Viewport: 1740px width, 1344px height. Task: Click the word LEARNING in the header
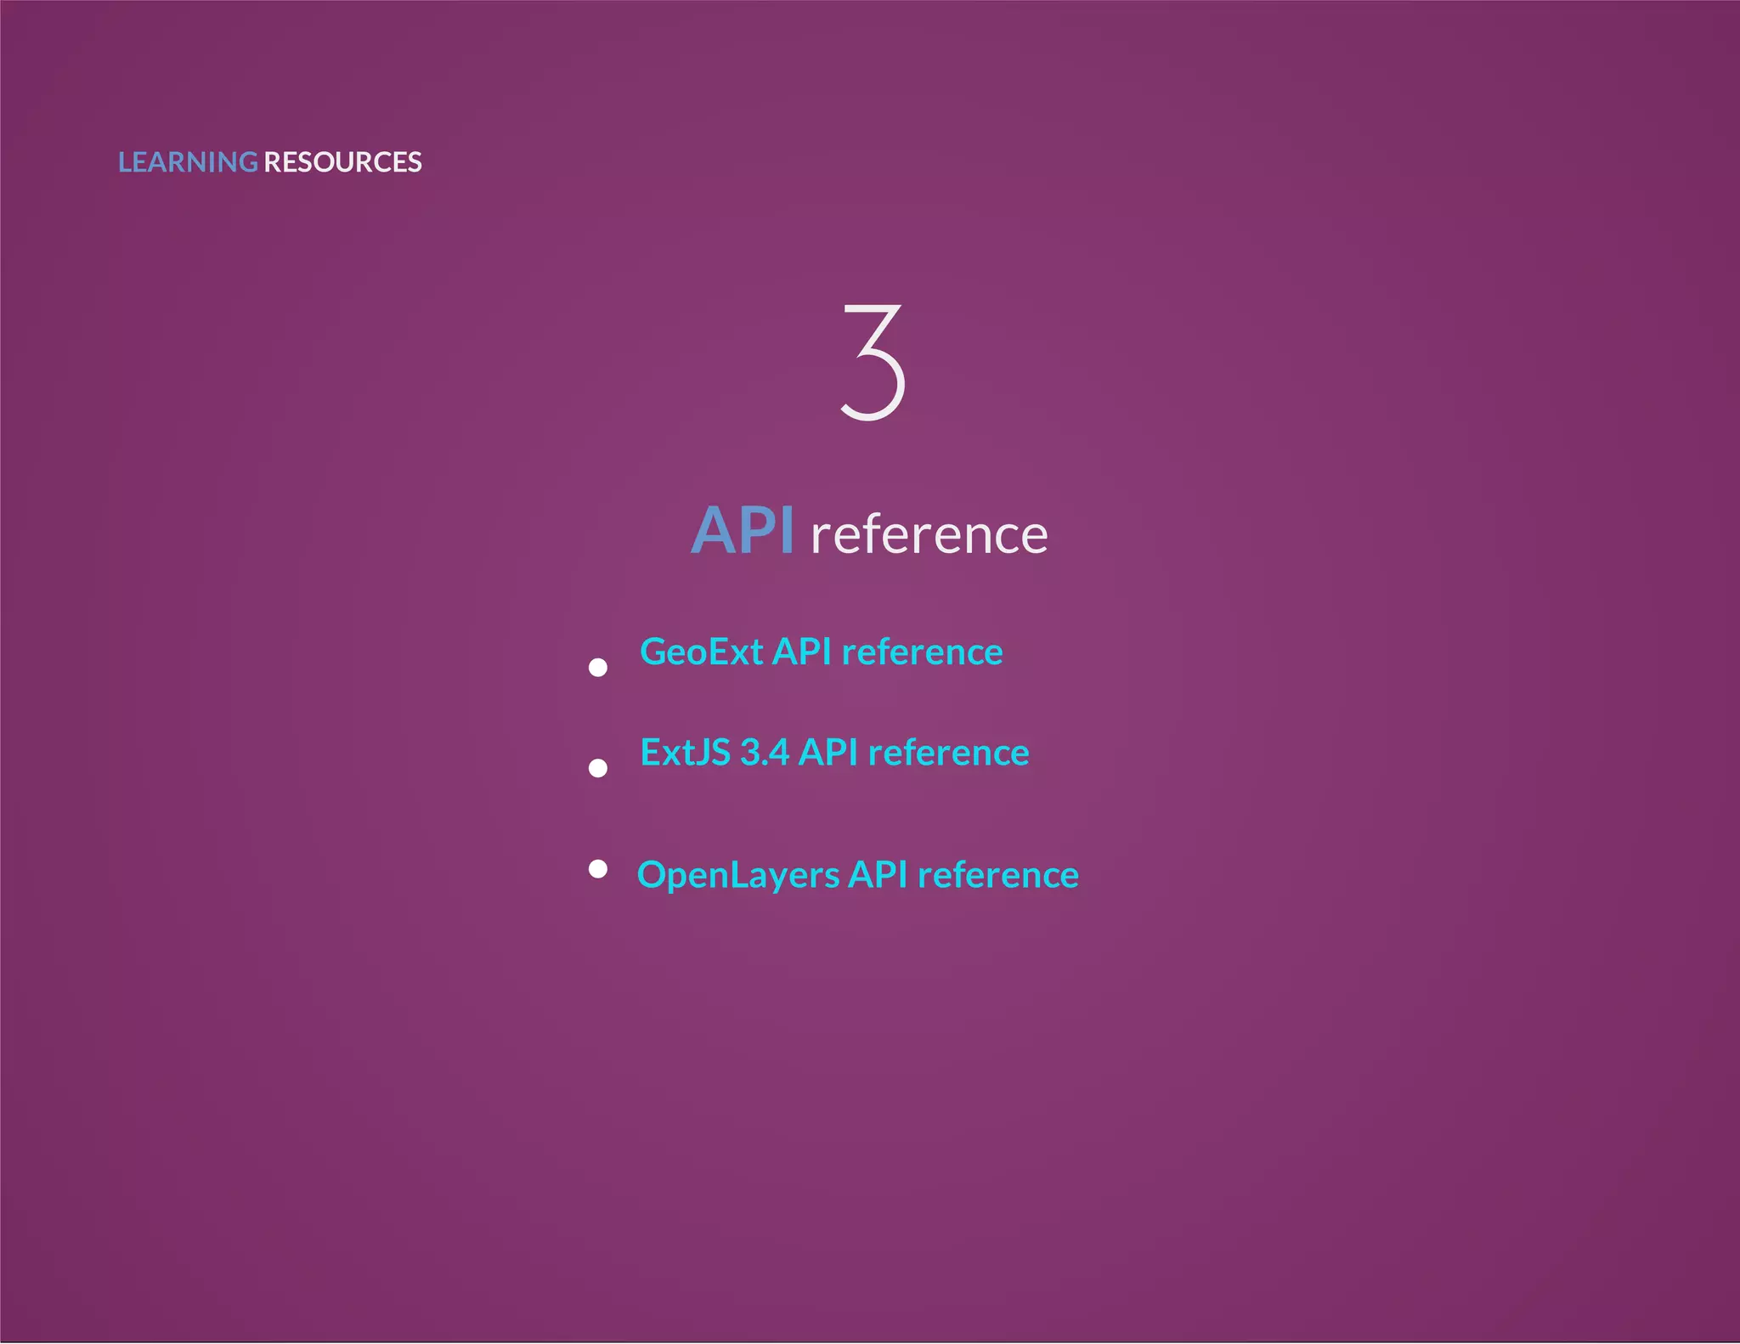[187, 162]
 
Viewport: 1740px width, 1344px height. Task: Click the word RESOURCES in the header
[342, 162]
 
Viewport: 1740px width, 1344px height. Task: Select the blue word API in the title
[743, 532]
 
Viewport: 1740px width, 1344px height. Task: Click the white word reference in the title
[929, 535]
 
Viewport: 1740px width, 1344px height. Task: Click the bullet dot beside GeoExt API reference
[598, 668]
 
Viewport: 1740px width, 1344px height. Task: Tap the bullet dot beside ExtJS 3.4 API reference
[598, 768]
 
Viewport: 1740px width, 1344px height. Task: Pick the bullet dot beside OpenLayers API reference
[598, 868]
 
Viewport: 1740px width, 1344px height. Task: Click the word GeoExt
[701, 652]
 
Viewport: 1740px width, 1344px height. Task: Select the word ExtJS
[685, 753]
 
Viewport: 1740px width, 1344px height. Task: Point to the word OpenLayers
[738, 876]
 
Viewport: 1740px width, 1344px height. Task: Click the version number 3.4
[765, 753]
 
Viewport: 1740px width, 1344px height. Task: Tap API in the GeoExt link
[801, 652]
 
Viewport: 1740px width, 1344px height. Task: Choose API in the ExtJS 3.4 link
[828, 753]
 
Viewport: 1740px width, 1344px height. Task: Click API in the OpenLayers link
[878, 875]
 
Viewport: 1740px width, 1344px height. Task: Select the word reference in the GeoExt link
[922, 652]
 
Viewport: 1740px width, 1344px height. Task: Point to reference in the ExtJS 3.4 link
[948, 753]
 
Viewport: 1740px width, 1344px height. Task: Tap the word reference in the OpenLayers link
[998, 875]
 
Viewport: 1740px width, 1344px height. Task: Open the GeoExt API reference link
[821, 652]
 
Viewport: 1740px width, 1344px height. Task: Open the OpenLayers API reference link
[857, 875]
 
